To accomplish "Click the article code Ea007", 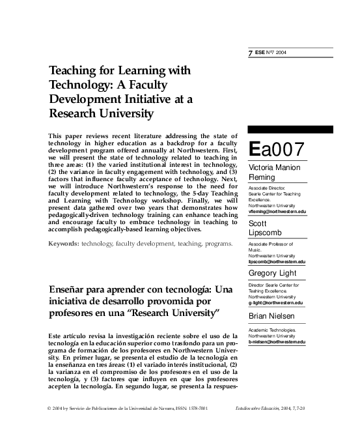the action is click(x=276, y=149).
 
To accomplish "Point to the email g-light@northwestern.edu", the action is click(x=276, y=302).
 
